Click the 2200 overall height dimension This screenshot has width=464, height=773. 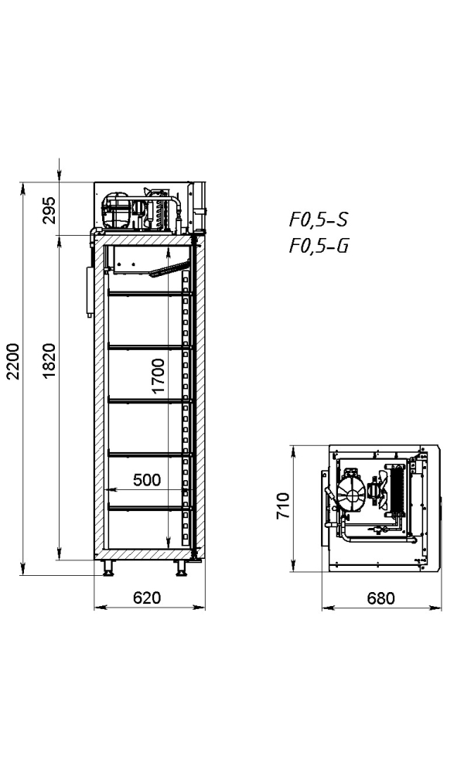click(x=13, y=361)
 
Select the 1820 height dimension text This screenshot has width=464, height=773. click(x=49, y=361)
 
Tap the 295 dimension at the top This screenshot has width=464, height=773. click(x=49, y=210)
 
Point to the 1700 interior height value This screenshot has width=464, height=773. click(x=158, y=376)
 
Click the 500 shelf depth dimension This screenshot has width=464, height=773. click(x=146, y=480)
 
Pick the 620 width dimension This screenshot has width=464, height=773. click(x=147, y=598)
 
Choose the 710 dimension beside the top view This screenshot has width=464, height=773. click(x=282, y=506)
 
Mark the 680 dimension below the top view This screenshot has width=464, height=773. click(x=380, y=598)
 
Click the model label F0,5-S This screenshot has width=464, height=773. click(x=319, y=220)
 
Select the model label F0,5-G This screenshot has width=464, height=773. click(x=319, y=246)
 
